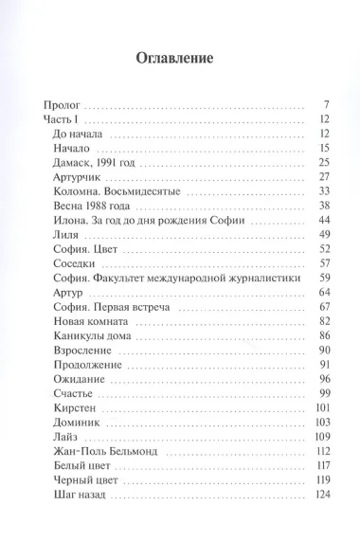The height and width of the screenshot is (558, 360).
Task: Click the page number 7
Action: pos(324,103)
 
